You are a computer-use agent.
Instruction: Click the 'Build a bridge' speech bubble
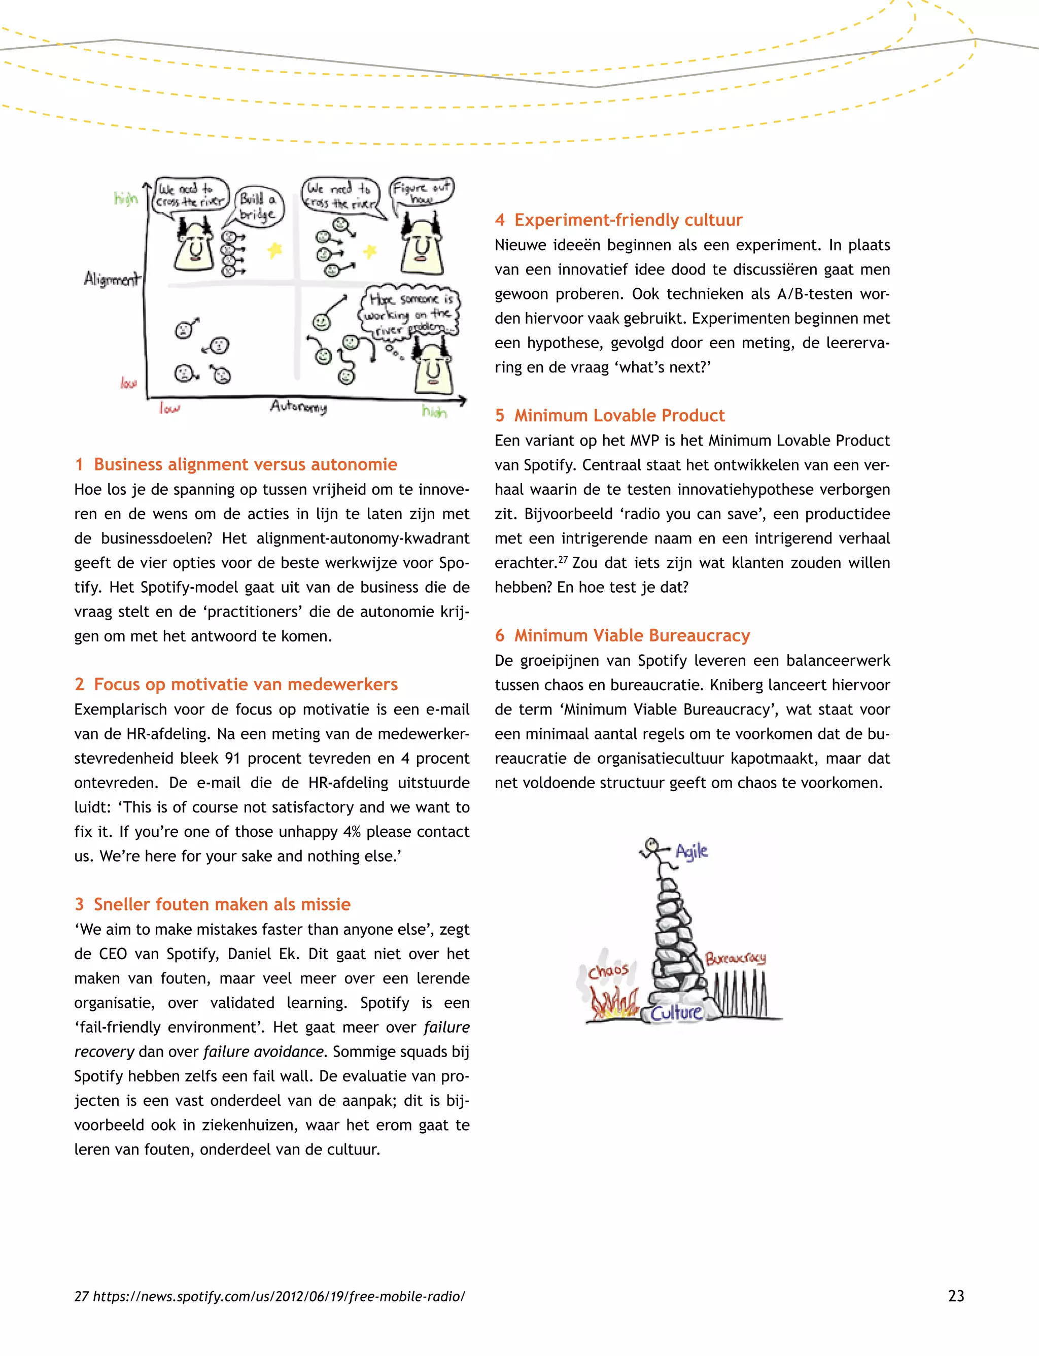click(259, 207)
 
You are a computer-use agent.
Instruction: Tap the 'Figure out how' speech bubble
click(422, 192)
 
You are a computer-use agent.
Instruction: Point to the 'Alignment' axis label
click(112, 279)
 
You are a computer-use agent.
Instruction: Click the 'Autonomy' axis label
click(298, 406)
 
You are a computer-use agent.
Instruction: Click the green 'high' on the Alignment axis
click(125, 198)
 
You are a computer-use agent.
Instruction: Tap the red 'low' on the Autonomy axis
click(169, 409)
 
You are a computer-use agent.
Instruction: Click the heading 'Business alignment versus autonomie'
click(245, 464)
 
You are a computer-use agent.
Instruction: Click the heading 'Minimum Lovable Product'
click(619, 415)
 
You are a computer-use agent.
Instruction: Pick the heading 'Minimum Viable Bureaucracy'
click(632, 635)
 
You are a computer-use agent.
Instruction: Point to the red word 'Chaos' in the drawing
click(608, 970)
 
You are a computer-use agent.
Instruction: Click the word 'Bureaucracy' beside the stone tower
click(735, 958)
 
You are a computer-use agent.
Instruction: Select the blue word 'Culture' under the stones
click(676, 1012)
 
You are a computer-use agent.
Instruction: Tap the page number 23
click(955, 1296)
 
